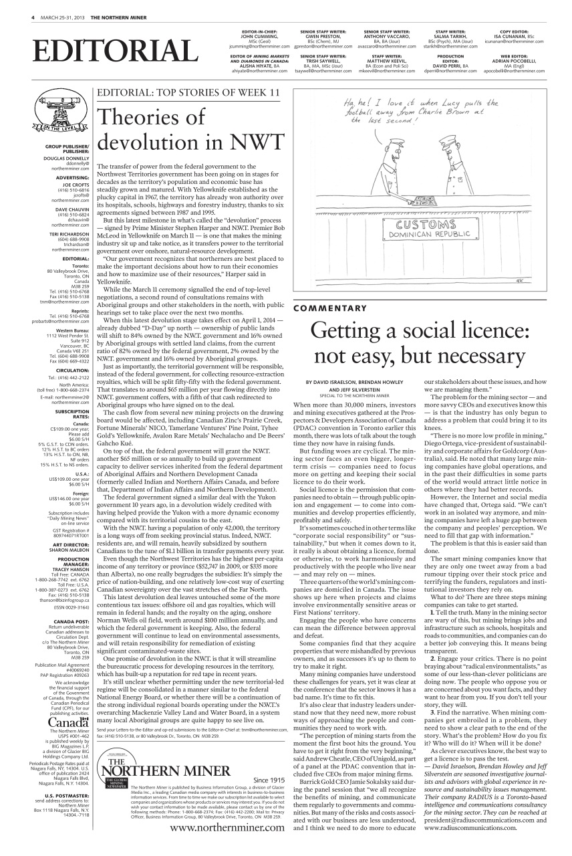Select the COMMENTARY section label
click(x=330, y=308)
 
